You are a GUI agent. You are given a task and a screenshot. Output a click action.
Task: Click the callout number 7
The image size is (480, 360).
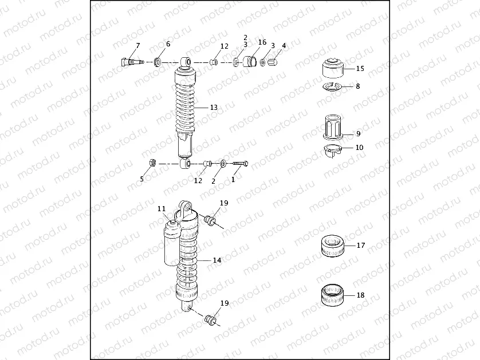pyautogui.click(x=137, y=45)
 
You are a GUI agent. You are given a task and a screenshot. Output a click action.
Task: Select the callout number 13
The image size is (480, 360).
pyautogui.click(x=214, y=108)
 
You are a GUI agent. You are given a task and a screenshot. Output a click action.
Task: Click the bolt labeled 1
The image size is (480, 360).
pyautogui.click(x=240, y=164)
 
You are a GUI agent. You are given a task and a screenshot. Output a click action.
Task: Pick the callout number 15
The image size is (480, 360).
pyautogui.click(x=360, y=69)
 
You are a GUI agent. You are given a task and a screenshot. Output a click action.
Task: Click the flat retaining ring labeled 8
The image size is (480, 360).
pyautogui.click(x=331, y=87)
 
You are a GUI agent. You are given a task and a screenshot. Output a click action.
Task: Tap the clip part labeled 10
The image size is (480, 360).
pyautogui.click(x=331, y=150)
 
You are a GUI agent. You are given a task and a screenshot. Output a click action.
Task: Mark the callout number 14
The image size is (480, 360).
pyautogui.click(x=217, y=260)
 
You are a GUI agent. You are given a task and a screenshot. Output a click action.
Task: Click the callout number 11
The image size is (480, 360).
pyautogui.click(x=162, y=209)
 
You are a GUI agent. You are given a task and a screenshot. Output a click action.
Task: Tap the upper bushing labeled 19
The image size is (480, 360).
pyautogui.click(x=210, y=220)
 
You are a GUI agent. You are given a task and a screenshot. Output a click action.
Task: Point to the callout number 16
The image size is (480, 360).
pyautogui.click(x=262, y=42)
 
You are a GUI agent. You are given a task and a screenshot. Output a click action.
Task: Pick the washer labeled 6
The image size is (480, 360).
pyautogui.click(x=157, y=61)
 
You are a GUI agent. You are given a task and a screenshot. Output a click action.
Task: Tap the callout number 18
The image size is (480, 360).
pyautogui.click(x=360, y=296)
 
